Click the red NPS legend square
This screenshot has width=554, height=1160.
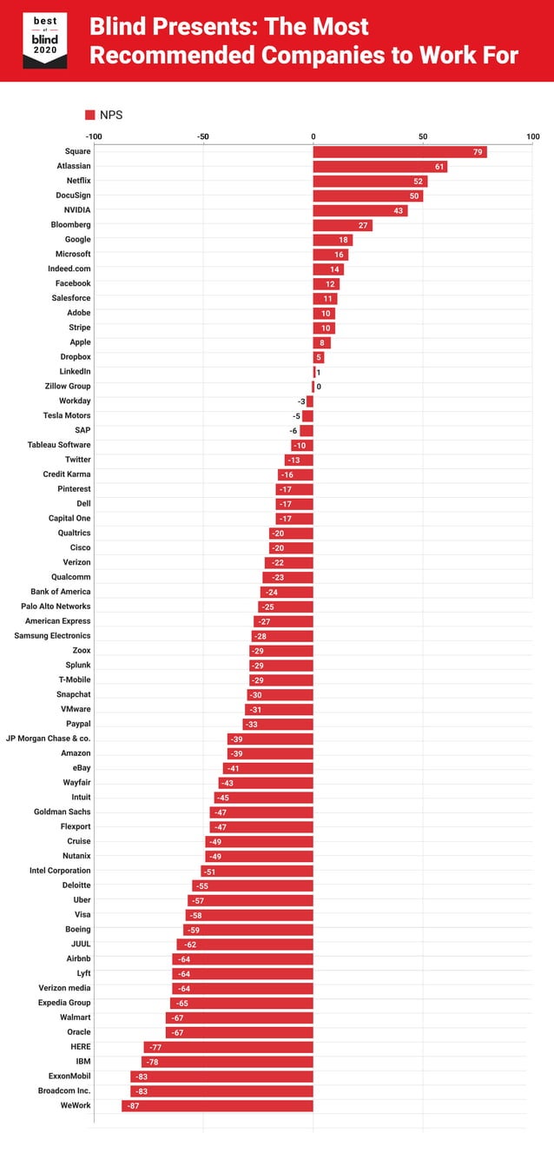pos(89,114)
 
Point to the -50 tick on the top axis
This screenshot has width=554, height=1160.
pos(203,136)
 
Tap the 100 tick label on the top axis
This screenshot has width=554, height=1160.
pos(532,136)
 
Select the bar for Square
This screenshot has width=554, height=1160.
pos(399,152)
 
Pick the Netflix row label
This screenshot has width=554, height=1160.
pos(78,181)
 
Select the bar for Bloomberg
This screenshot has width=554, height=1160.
pos(342,225)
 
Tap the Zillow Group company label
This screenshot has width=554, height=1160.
pos(68,386)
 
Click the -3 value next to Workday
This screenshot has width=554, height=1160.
pos(301,401)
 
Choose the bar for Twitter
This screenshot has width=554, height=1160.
pos(299,460)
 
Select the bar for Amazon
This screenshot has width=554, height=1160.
pos(270,753)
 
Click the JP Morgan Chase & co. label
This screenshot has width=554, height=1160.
pos(49,739)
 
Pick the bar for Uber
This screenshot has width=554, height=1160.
pos(250,900)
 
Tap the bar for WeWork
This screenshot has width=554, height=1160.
pos(217,1105)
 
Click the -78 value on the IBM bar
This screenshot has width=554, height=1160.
pos(153,1062)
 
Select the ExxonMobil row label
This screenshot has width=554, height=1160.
pos(64,1076)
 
